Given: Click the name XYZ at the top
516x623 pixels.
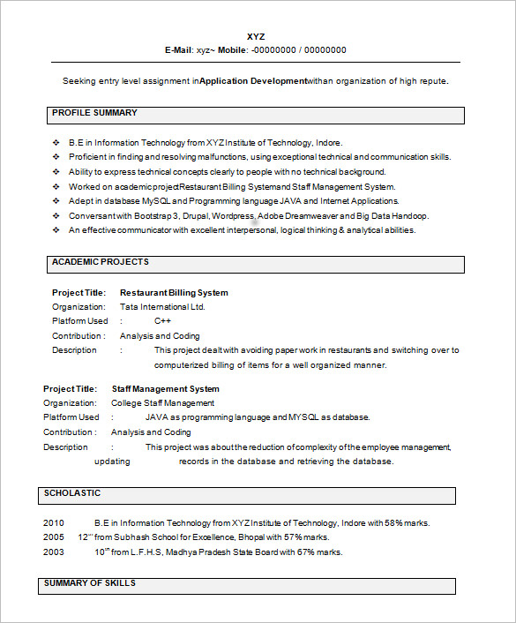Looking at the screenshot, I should click(x=255, y=36).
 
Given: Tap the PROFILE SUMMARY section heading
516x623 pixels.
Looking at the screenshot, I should click(x=94, y=113).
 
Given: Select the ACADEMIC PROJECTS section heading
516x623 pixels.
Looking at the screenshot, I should click(x=100, y=262).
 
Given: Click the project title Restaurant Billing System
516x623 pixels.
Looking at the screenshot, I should click(x=174, y=293).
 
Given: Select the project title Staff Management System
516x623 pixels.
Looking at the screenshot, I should click(x=166, y=389).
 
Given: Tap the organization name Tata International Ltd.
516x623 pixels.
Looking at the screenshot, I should click(x=162, y=307).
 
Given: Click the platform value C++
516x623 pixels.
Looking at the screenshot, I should click(x=162, y=321).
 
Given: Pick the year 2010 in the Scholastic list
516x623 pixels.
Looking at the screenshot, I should click(x=54, y=523).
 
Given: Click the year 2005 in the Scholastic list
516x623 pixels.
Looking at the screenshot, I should click(x=54, y=537).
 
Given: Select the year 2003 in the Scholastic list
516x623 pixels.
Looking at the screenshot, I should click(x=54, y=552).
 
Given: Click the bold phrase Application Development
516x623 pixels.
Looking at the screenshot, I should click(x=253, y=81).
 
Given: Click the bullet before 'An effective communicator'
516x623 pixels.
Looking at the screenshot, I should click(x=56, y=230).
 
